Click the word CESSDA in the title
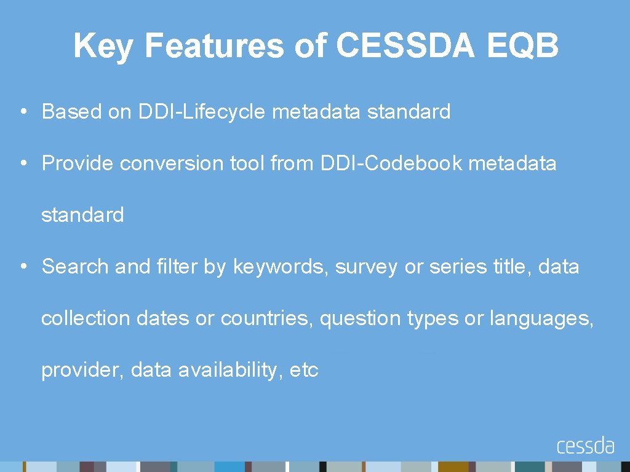coord(405,45)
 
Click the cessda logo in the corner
coord(585,446)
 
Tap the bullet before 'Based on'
coord(22,112)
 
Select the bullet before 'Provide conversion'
coord(22,163)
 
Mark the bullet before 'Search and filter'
coord(22,267)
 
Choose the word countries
coord(267,318)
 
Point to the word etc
coord(304,371)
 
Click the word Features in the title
coord(213,45)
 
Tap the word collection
coord(86,318)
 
